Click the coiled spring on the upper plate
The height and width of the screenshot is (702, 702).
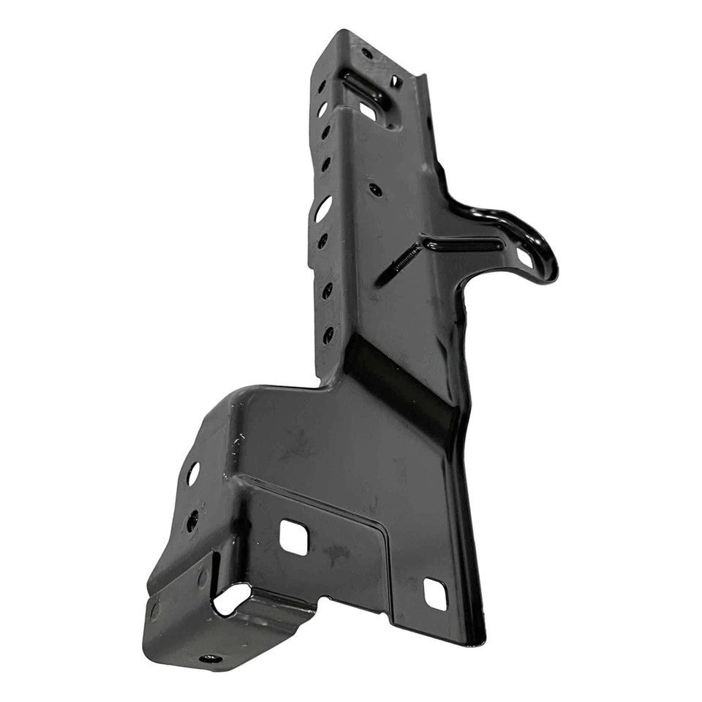tap(407, 258)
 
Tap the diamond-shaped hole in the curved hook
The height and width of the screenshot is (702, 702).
tap(524, 257)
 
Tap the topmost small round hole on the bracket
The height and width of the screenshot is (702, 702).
tap(366, 53)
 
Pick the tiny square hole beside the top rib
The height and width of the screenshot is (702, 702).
tap(395, 81)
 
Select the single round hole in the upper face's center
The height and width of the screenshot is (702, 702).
tap(375, 189)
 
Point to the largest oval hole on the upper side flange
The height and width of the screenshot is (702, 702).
tap(322, 208)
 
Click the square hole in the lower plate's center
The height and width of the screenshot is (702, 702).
tap(293, 538)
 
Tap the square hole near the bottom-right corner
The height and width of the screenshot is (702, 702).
tap(435, 594)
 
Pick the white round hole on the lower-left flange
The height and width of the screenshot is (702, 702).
tap(193, 473)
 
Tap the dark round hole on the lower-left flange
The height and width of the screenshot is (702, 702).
tap(192, 520)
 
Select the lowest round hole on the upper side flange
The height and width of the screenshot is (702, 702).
tap(328, 334)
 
